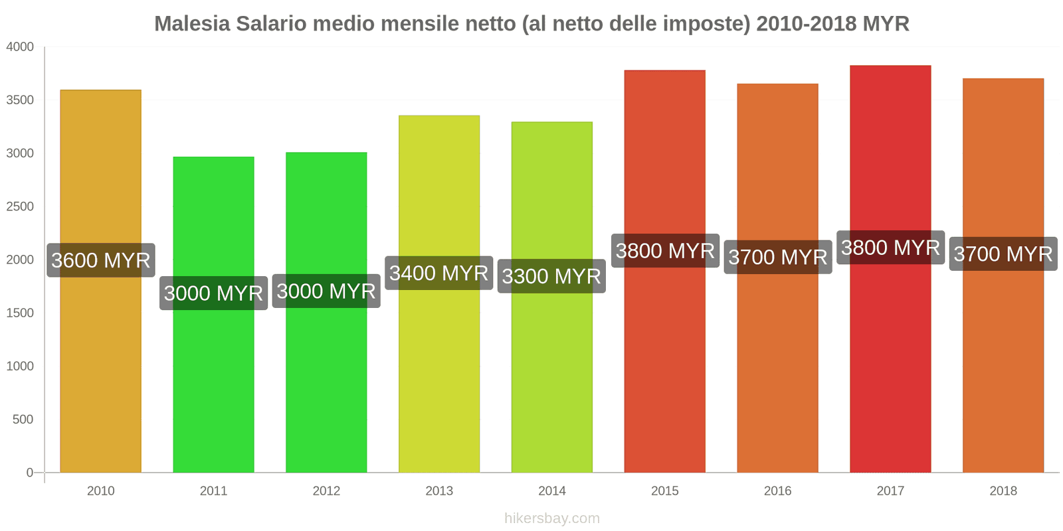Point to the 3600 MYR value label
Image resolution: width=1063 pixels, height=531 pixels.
[x=101, y=260]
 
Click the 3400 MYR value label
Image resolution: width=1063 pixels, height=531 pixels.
[x=439, y=273]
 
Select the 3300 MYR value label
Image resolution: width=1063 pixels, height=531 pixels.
[x=551, y=276]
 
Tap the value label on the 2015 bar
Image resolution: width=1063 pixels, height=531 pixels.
[x=665, y=251]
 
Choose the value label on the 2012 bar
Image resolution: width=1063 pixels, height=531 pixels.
[x=326, y=291]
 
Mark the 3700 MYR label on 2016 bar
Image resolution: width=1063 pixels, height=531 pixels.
[x=778, y=257]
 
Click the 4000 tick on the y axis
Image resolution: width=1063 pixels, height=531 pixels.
[x=20, y=47]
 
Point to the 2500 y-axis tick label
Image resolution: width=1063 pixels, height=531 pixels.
[x=20, y=206]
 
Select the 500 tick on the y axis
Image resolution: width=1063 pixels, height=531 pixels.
[x=23, y=419]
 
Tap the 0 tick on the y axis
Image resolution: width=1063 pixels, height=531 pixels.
[x=29, y=473]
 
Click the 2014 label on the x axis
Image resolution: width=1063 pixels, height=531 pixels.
[x=552, y=491]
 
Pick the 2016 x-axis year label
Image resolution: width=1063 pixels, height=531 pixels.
[x=777, y=491]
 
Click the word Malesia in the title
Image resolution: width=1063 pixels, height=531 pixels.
[x=192, y=24]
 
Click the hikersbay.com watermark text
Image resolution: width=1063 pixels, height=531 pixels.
[x=552, y=518]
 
